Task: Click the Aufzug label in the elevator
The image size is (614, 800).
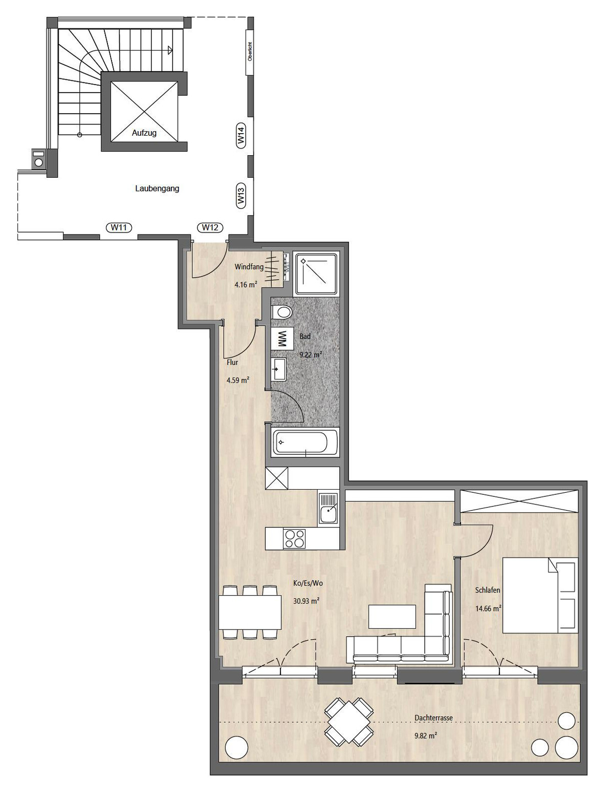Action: (144, 133)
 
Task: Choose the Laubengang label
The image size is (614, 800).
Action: (157, 188)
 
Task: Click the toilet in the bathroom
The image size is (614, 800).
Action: (281, 311)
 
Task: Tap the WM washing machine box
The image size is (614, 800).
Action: (281, 338)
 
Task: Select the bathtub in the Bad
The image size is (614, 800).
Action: (305, 442)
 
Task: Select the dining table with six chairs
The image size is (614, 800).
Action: (250, 612)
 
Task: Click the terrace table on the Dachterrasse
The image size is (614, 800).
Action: (349, 722)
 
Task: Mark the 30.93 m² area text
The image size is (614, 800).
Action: (306, 601)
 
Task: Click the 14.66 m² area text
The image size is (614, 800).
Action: (488, 608)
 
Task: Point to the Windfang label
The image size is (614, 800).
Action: (249, 267)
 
